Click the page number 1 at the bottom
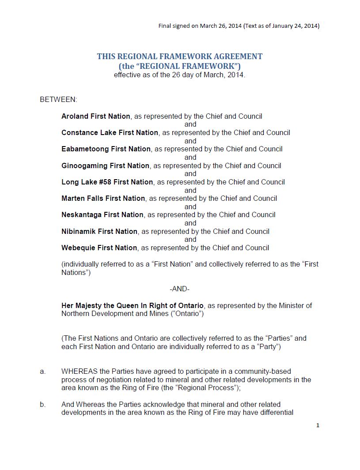318,425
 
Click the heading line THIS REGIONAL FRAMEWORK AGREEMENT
180,56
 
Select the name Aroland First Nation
96,116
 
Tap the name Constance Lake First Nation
110,132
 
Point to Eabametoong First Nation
106,149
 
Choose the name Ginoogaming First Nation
105,165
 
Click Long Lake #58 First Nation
107,182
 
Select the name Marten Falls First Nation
103,198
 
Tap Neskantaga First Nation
102,214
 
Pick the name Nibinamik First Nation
99,231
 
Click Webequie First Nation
99,248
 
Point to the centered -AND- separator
179,289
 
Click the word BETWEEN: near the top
58,99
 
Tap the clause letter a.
43,372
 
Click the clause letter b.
43,404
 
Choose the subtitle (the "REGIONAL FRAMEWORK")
180,66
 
